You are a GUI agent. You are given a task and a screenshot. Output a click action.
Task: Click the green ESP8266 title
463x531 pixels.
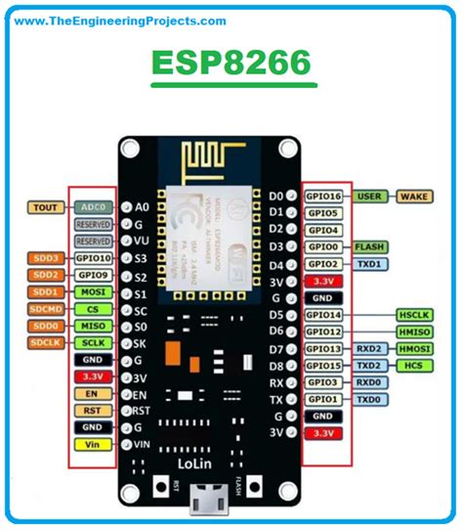(x=231, y=64)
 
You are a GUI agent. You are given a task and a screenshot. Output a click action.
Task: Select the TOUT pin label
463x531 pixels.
(x=46, y=207)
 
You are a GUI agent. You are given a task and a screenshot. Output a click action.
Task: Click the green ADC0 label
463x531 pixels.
(x=95, y=207)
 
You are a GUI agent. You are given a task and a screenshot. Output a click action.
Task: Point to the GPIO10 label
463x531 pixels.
(x=95, y=258)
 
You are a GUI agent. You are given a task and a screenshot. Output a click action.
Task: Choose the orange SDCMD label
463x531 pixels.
(x=45, y=309)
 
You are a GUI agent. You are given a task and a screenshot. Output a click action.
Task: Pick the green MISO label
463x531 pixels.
(x=95, y=326)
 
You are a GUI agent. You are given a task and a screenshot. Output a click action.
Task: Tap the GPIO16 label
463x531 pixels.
(x=323, y=197)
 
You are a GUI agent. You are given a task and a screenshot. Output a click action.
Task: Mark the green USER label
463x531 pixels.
(x=369, y=197)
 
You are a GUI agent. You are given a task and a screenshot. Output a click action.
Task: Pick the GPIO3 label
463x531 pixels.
(x=323, y=382)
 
